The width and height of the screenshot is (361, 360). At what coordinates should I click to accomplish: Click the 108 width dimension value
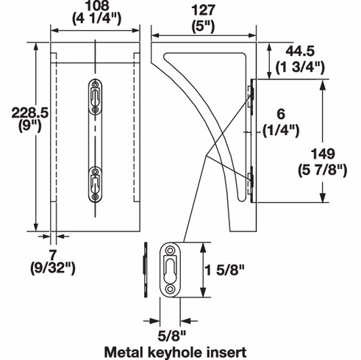click(x=97, y=5)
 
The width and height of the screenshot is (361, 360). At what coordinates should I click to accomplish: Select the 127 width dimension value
click(x=204, y=10)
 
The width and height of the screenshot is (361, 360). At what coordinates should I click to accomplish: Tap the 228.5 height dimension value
click(x=30, y=113)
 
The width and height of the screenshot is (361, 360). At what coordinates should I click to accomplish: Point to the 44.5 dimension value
click(x=300, y=51)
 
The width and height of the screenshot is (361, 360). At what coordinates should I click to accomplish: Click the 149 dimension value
click(x=323, y=154)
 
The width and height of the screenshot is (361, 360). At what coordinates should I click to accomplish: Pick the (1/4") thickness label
click(x=281, y=130)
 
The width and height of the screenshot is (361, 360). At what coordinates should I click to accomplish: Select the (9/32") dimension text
click(x=53, y=268)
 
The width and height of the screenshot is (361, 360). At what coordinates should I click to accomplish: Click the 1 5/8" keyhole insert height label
click(x=225, y=270)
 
